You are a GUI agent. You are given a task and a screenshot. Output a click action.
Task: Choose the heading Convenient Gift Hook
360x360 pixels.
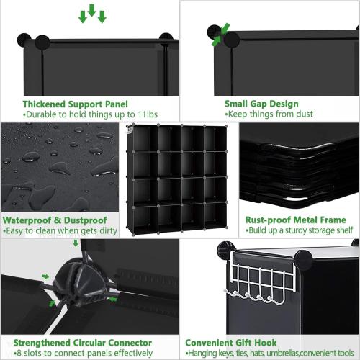pos(230,343)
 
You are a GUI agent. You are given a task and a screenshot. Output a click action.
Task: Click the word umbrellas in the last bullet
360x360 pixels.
pos(276,353)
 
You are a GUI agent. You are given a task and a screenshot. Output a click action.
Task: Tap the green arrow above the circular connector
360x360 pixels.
pos(76,244)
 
